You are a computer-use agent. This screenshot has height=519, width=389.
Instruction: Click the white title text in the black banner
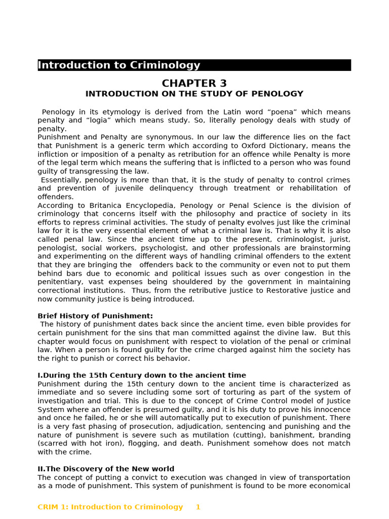point(119,65)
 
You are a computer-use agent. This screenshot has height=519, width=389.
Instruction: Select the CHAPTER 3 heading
point(194,84)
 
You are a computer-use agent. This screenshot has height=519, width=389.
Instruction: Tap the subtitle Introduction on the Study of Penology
point(194,94)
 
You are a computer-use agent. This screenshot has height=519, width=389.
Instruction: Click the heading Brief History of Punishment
point(95,316)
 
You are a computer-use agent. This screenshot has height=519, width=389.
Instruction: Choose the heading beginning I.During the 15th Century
point(142,376)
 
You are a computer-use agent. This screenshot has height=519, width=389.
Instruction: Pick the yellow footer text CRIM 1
point(110,507)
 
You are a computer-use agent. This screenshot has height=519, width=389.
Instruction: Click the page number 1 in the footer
point(198,507)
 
